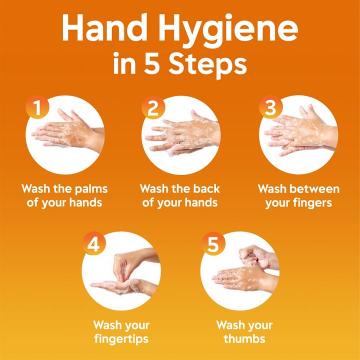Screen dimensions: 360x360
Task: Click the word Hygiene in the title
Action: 234,30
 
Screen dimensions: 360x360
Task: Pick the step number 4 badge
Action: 93,244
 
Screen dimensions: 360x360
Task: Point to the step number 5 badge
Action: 212,244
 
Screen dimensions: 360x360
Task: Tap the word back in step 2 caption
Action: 206,189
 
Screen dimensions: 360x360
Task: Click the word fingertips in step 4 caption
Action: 121,339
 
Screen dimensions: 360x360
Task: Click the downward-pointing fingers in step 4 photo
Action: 122,267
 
